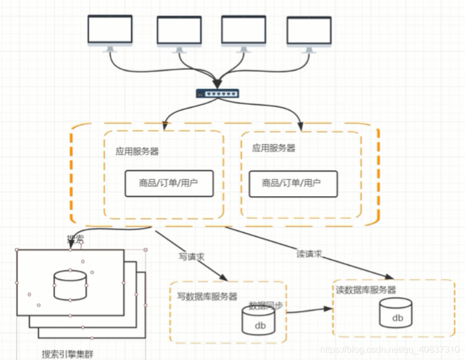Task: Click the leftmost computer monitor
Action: [110, 32]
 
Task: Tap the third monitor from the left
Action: [244, 33]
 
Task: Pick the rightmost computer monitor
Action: [309, 34]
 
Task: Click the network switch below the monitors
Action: [217, 93]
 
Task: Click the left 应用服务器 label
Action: [137, 152]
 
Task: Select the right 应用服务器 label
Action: [273, 148]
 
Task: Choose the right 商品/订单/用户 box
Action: [292, 183]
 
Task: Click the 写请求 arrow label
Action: [191, 256]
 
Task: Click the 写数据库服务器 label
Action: [207, 296]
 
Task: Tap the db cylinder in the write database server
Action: [259, 320]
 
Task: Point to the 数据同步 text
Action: [265, 305]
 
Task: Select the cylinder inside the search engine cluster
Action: [70, 285]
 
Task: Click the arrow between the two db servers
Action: [309, 310]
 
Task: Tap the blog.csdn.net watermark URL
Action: [389, 349]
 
